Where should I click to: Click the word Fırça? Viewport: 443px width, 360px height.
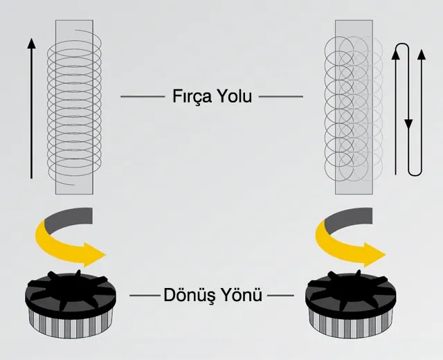point(191,96)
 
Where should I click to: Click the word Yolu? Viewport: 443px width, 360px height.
point(233,96)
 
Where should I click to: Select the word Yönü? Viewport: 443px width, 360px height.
point(242,295)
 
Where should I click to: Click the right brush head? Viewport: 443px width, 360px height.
point(350,294)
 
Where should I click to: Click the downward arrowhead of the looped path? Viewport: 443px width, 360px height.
point(408,125)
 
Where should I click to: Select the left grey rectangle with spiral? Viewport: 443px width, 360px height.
point(73,107)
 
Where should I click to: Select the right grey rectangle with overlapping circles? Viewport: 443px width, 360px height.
point(355,107)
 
